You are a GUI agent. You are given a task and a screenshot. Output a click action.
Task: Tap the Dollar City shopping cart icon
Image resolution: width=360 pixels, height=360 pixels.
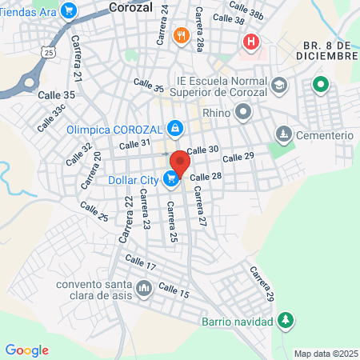coord(170,180)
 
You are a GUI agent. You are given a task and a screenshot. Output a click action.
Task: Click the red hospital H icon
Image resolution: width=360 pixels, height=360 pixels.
coord(252,42)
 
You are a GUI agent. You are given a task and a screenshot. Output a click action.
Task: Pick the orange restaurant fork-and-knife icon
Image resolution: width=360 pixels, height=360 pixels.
coord(182,35)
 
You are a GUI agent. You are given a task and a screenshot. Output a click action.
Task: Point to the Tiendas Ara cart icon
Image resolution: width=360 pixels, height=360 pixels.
coord(68,10)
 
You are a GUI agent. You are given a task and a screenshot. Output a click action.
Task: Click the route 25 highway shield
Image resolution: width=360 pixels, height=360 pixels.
coord(50,51)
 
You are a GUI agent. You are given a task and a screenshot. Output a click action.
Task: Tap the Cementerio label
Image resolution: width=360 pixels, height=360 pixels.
coord(324,134)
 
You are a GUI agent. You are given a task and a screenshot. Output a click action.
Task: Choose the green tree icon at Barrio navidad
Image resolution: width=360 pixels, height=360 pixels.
coord(286,321)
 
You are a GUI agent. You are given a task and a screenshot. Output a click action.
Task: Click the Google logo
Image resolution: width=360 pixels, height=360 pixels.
coord(26,350)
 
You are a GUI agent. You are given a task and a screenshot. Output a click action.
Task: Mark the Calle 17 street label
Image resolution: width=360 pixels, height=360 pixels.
coord(139,265)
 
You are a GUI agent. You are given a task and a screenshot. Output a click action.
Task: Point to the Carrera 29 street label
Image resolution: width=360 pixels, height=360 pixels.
coord(262,285)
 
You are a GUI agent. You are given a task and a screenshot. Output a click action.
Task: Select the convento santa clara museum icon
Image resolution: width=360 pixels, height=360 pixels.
coord(144,286)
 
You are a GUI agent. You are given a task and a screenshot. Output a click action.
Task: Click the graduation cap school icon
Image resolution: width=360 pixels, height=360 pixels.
coord(278,85)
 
